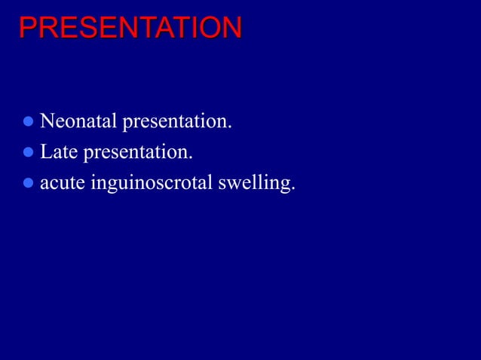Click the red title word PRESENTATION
coord(130,28)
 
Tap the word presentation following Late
coord(136,154)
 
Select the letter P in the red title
coord(27,28)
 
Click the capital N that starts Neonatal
coord(46,121)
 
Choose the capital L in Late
coord(45,152)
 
